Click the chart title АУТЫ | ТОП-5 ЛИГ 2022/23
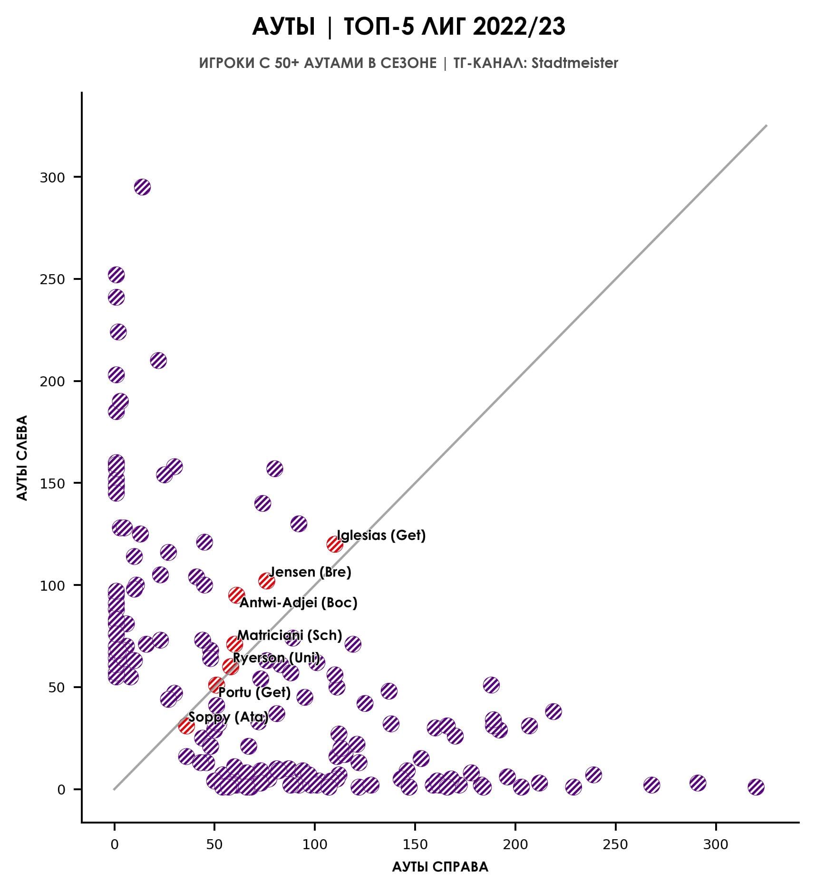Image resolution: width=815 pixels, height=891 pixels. (x=408, y=27)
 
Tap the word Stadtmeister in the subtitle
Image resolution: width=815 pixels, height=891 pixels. (x=575, y=63)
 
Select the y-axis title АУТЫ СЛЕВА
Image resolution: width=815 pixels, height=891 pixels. (x=22, y=458)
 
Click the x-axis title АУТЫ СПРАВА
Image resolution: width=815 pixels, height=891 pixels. (x=440, y=867)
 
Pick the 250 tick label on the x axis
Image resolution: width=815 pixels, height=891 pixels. (x=615, y=844)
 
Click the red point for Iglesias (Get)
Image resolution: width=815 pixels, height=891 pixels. (x=335, y=544)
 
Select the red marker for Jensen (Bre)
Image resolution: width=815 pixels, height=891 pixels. (x=266, y=581)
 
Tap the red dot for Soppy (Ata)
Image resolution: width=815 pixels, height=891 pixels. (x=186, y=726)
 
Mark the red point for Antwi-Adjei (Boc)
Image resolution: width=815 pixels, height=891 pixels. (x=236, y=595)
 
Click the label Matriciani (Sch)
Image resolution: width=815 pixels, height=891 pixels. (x=290, y=635)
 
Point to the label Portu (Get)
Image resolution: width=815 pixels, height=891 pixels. (x=254, y=692)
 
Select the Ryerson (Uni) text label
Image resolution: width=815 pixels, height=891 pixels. (x=276, y=658)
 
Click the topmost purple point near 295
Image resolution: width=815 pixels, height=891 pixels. (x=142, y=187)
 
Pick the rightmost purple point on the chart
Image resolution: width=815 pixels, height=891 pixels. (x=756, y=787)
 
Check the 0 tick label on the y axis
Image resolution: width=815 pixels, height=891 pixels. (x=61, y=790)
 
